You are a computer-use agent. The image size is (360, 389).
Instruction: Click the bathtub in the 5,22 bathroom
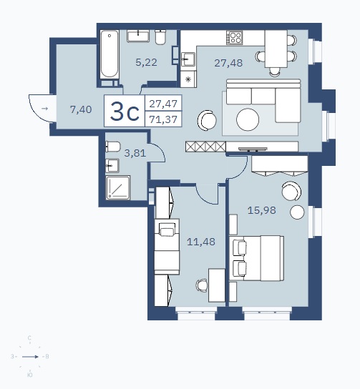(x=110, y=54)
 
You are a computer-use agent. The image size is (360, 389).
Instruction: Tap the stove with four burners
(x=234, y=38)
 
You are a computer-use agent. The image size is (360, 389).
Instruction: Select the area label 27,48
(x=228, y=63)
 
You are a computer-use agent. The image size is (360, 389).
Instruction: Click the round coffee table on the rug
(x=248, y=119)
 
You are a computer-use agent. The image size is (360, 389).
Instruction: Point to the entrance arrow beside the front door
(x=44, y=109)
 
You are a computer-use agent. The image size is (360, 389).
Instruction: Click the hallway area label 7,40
(x=81, y=109)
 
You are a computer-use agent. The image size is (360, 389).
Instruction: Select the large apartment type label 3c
(x=125, y=112)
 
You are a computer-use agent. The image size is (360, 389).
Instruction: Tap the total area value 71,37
(x=163, y=119)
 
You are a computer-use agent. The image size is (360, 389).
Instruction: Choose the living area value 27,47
(x=163, y=104)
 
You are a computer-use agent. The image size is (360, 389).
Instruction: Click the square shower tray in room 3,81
(x=118, y=187)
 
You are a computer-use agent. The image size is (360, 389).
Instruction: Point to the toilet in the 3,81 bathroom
(x=113, y=147)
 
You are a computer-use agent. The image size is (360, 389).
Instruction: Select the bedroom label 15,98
(x=262, y=210)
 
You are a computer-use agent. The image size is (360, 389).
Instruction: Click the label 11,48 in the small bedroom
(x=201, y=242)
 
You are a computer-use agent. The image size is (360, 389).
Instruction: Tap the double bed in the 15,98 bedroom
(x=256, y=258)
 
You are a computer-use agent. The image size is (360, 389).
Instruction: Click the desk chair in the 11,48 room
(x=202, y=285)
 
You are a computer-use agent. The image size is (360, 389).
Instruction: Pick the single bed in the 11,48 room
(x=167, y=247)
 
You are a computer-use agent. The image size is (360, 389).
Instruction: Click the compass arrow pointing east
(x=30, y=357)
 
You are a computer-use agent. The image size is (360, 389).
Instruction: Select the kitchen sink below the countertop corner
(x=188, y=59)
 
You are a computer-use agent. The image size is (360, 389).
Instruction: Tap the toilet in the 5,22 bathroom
(x=160, y=37)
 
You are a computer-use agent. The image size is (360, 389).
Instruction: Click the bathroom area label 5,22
(x=147, y=62)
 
